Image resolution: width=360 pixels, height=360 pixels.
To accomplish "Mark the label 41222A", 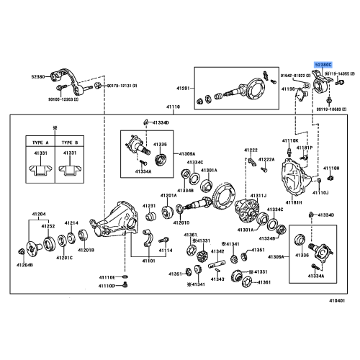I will pyautogui.click(x=266, y=159).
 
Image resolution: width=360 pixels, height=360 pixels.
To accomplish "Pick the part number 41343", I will pyautogui.click(x=217, y=279).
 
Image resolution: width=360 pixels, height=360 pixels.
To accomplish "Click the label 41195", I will pyautogui.click(x=287, y=89).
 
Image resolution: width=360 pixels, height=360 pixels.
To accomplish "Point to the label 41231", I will pyautogui.click(x=149, y=206).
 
